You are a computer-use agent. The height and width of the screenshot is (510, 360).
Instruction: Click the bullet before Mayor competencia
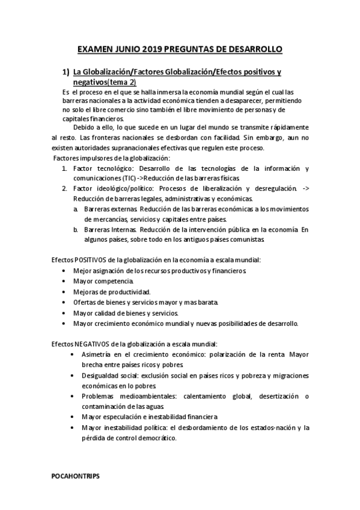(64, 281)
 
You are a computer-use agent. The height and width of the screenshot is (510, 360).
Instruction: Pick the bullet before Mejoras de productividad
(64, 292)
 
